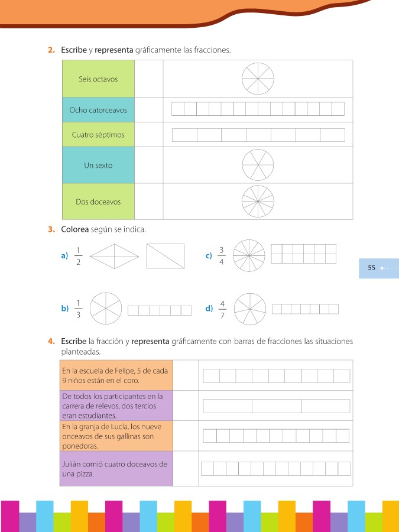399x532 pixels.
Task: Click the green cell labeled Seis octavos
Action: pos(98,79)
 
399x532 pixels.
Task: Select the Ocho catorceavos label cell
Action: pos(98,110)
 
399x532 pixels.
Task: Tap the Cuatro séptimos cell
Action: pos(98,135)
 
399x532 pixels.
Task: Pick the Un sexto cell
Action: pos(98,166)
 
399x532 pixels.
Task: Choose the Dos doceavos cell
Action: pos(98,202)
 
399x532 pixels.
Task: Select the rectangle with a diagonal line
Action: pos(166,256)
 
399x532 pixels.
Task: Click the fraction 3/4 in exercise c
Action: pos(222,255)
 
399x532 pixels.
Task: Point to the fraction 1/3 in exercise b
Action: pos(78,309)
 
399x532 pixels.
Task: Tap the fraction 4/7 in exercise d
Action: pos(222,309)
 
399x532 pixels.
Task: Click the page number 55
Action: pos(371,268)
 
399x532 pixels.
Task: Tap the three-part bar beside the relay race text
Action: pos(277,406)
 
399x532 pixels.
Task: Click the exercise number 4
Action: pos(52,341)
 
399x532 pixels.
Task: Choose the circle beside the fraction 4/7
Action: pos(250,309)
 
